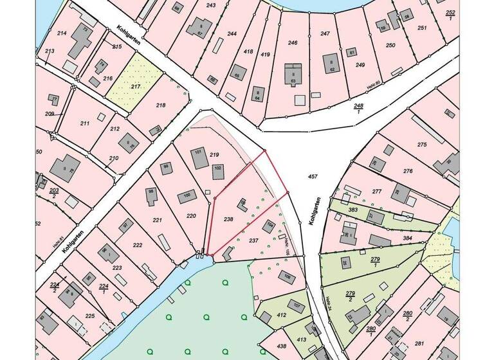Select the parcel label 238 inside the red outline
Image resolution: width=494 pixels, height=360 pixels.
pyautogui.click(x=228, y=219)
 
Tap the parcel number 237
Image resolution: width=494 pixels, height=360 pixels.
pyautogui.click(x=253, y=240)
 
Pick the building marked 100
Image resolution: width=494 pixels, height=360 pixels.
pyautogui.click(x=188, y=195)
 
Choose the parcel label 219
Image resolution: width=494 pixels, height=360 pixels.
pyautogui.click(x=215, y=154)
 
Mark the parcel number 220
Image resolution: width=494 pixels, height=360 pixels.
pyautogui.click(x=191, y=216)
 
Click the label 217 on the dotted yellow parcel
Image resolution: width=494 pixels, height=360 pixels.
pyautogui.click(x=135, y=86)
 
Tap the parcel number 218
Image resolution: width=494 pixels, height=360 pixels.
pyautogui.click(x=161, y=105)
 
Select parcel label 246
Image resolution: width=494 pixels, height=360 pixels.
pyautogui.click(x=293, y=43)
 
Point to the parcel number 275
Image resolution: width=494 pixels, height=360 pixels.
pyautogui.click(x=422, y=145)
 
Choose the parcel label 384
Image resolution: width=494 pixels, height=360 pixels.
pyautogui.click(x=407, y=239)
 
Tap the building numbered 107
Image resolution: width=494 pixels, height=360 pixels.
pyautogui.click(x=297, y=306)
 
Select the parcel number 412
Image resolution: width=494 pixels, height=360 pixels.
pyautogui.click(x=281, y=316)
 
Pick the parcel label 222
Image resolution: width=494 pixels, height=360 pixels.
pyautogui.click(x=137, y=246)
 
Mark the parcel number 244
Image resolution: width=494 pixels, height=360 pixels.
pyautogui.click(x=232, y=33)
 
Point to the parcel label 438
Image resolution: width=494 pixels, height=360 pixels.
pyautogui.click(x=281, y=346)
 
